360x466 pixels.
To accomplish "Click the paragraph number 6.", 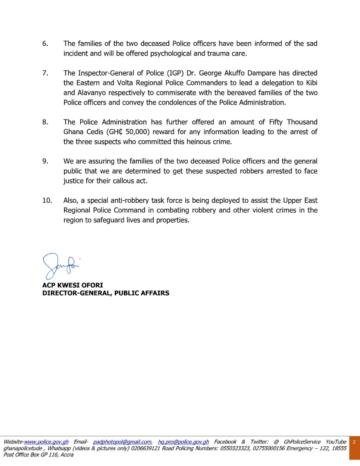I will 45,44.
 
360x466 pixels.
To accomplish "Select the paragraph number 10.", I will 47,201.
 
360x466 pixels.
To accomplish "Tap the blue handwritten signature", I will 62,265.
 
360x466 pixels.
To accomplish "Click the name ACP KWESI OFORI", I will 73,285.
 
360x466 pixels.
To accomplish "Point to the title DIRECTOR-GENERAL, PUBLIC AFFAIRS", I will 106,293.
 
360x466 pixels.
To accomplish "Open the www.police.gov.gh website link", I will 47,442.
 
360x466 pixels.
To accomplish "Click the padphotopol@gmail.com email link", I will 122,442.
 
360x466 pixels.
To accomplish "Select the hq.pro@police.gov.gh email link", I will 183,442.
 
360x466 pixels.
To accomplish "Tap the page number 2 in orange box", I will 354,442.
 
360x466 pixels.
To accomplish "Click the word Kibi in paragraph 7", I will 311,83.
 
